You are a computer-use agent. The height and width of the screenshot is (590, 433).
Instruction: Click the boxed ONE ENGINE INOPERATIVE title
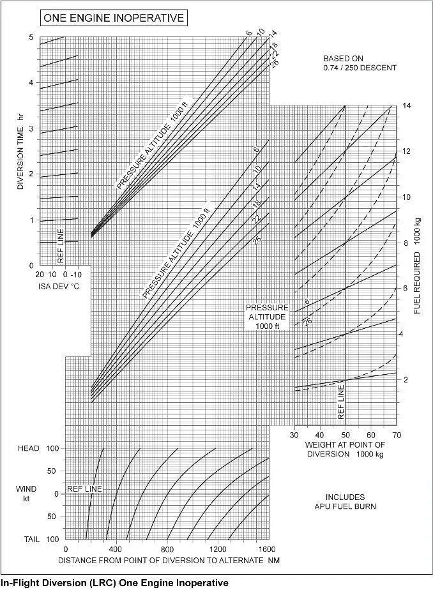point(113,18)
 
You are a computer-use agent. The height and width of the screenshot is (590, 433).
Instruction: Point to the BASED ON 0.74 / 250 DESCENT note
point(360,63)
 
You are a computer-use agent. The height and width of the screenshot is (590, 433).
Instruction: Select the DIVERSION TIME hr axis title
point(20,151)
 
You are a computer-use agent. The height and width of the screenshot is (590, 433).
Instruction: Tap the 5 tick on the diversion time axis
point(31,38)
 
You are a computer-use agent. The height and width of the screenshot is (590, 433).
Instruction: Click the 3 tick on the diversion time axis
point(31,129)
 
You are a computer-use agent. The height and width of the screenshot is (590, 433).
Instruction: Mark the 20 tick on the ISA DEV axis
point(40,274)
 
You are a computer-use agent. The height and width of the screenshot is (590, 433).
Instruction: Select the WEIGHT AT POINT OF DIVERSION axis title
point(345,450)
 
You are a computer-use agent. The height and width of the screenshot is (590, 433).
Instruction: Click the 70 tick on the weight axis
point(397,435)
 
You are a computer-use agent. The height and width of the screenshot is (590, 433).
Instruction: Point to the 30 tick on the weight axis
point(295,435)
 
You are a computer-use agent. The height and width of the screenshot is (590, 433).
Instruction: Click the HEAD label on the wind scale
point(29,448)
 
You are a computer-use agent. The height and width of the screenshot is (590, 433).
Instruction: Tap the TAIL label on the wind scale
point(32,540)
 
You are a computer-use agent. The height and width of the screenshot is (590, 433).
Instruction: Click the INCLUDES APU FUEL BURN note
point(345,502)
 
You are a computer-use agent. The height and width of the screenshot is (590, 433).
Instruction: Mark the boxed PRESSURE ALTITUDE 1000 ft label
point(268,316)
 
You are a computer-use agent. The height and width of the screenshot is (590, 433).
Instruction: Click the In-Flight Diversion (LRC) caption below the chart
point(115,582)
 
